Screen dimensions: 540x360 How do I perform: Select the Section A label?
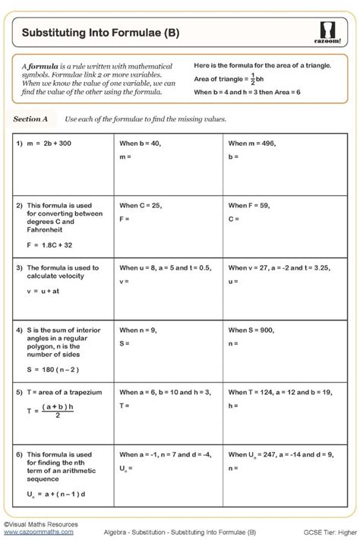[x=30, y=119]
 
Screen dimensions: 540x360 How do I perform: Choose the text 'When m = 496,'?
[x=252, y=142]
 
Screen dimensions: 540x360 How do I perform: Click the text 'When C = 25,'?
[x=141, y=205]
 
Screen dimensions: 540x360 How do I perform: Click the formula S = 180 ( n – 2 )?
[x=54, y=370]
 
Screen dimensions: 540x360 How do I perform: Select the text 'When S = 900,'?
[x=252, y=330]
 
